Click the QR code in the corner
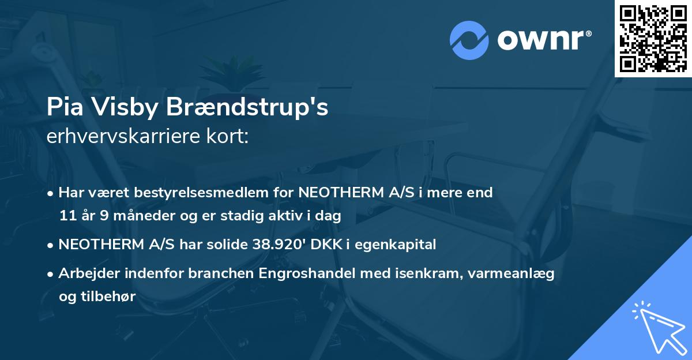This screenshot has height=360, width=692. (653, 38)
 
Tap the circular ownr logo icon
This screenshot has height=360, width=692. (469, 40)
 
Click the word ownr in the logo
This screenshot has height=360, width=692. (543, 40)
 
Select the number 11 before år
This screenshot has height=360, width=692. (67, 216)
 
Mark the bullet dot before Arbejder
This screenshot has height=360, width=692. (51, 274)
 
